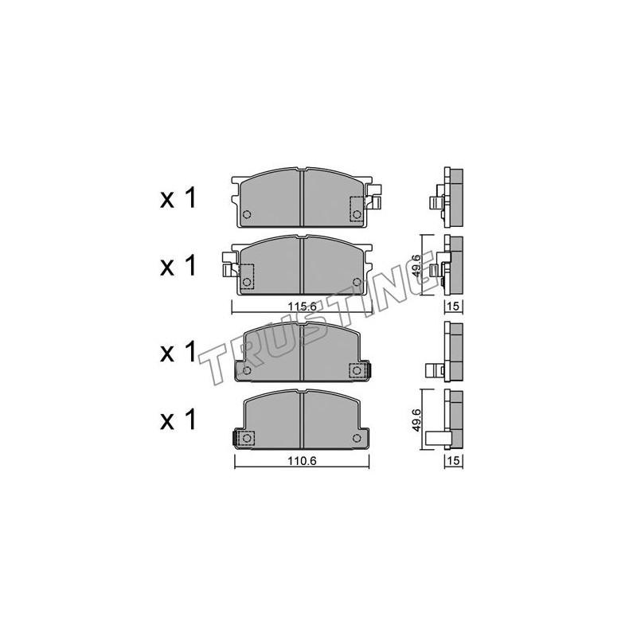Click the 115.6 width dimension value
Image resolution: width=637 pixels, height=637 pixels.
point(303,307)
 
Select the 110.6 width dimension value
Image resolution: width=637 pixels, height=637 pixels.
point(302,461)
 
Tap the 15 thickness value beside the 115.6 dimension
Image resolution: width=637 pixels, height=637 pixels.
point(454,306)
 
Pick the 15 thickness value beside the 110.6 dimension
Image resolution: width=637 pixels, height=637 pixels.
point(454,460)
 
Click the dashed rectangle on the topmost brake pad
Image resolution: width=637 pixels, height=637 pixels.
point(356,209)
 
